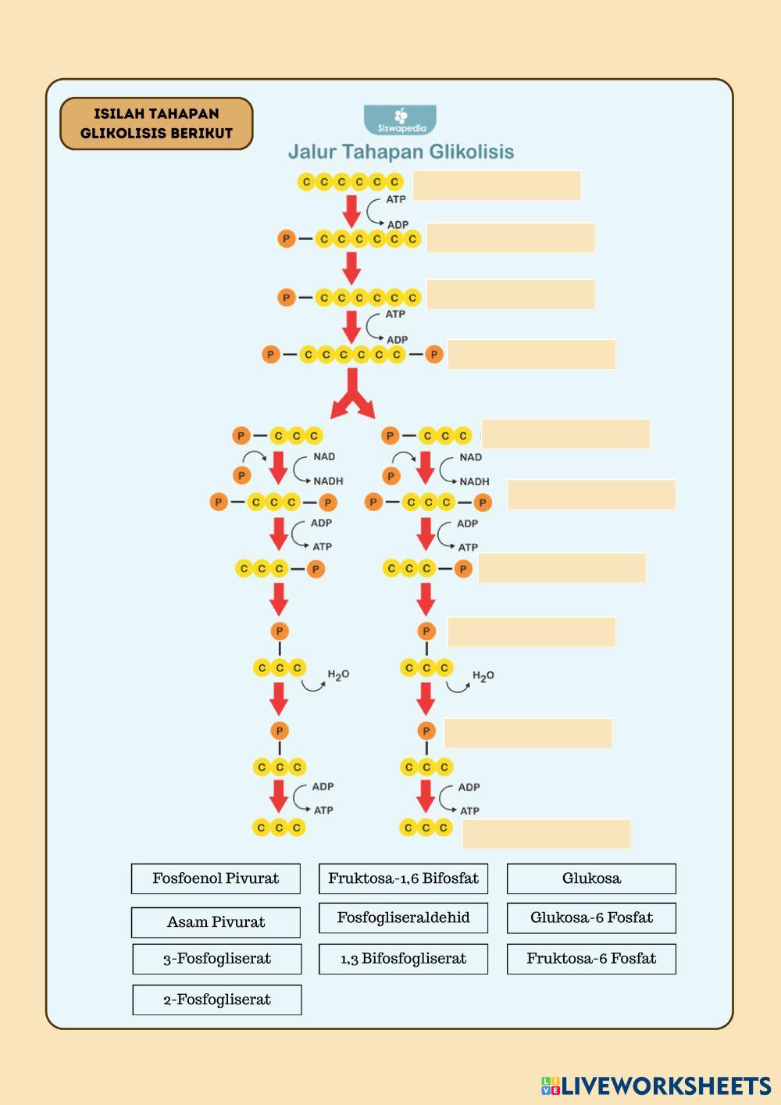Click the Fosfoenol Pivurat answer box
(216, 878)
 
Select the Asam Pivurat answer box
(216, 922)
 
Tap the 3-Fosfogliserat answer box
(217, 959)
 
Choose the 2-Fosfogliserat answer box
(217, 1000)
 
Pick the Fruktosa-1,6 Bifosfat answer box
(403, 878)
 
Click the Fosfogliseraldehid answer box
(403, 917)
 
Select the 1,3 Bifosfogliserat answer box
(403, 959)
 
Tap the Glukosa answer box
(591, 878)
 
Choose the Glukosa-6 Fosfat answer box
(591, 917)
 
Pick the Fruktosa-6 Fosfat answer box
(591, 959)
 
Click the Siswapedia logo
(401, 120)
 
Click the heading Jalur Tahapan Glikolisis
(401, 152)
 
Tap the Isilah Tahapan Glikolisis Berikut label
(156, 123)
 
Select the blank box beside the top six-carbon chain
(497, 185)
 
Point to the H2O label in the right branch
(483, 676)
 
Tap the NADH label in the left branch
(328, 481)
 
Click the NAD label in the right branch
(470, 457)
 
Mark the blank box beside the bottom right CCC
(546, 834)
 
